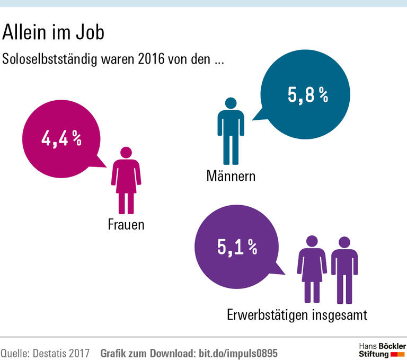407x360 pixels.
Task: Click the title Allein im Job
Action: (54, 33)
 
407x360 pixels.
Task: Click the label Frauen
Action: (126, 225)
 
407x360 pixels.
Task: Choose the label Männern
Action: (231, 175)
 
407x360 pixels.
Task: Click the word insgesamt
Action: (339, 315)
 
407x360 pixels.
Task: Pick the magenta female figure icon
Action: (126, 180)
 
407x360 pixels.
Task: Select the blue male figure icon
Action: (231, 130)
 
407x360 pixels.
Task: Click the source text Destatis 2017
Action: (60, 353)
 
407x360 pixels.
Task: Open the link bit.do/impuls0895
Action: (237, 353)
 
